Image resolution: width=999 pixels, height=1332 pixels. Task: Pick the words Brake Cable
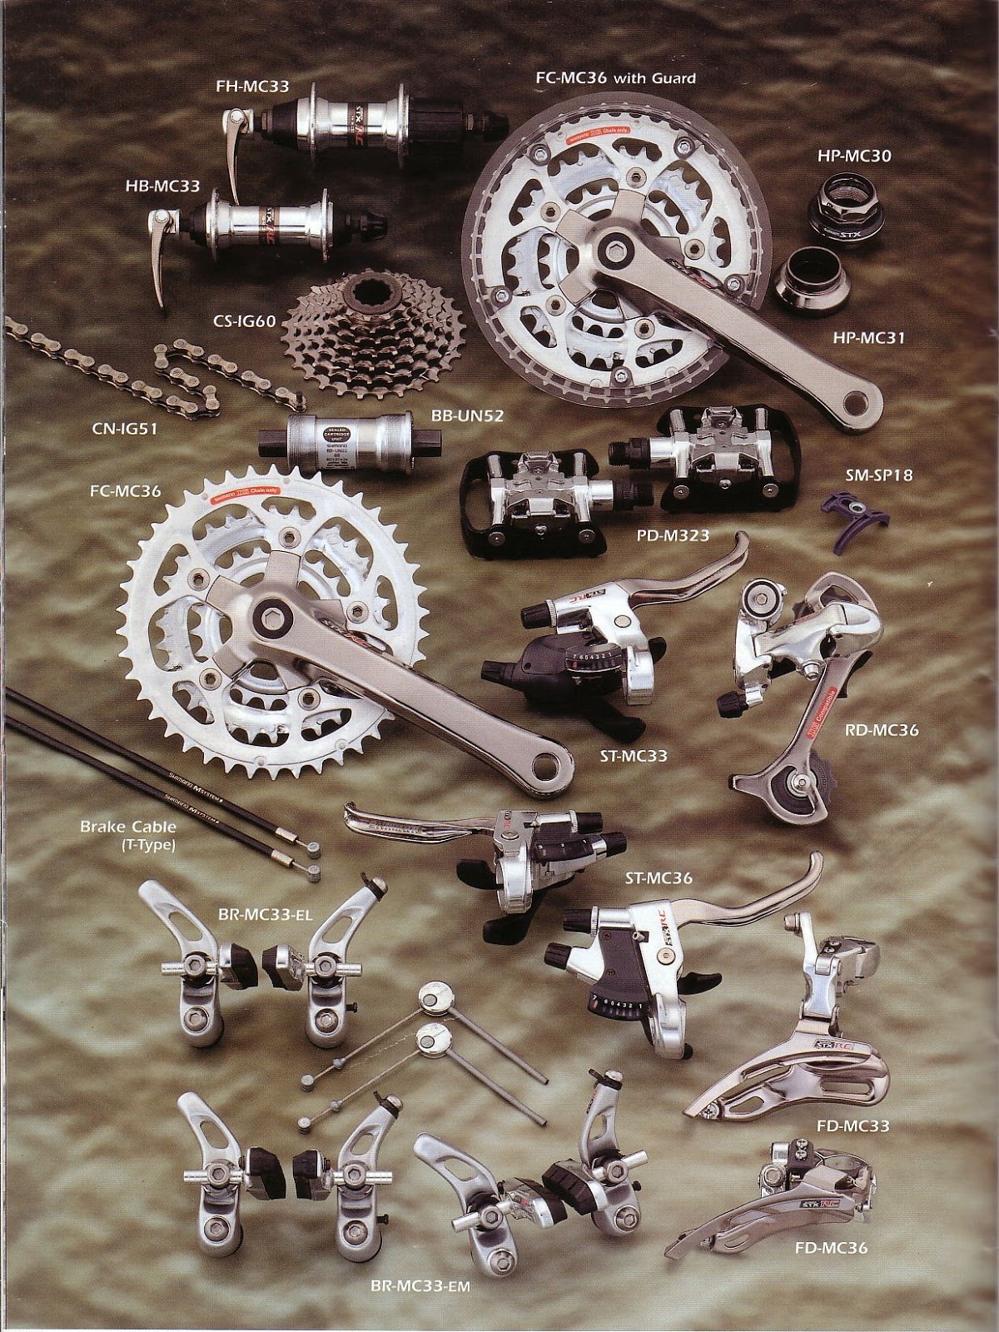pyautogui.click(x=116, y=827)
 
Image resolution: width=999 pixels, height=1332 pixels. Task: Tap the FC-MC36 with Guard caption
pyautogui.click(x=616, y=78)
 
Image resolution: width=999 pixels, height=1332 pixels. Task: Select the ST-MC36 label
pyautogui.click(x=659, y=877)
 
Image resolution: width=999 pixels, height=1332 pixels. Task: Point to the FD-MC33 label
pyautogui.click(x=852, y=1126)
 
